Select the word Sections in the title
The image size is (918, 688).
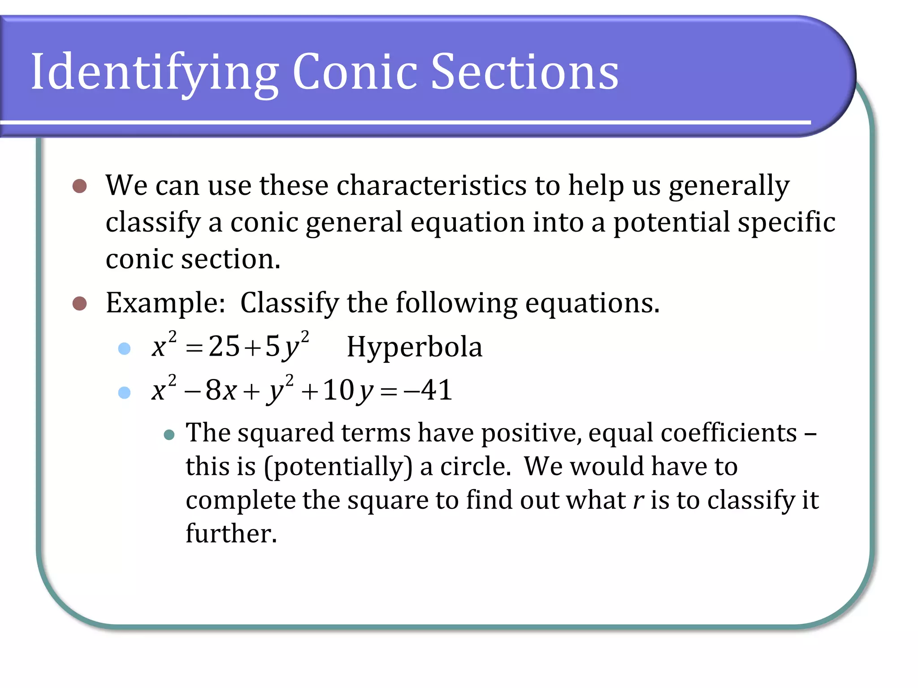(524, 72)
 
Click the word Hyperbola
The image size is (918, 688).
(415, 347)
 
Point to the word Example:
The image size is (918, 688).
(165, 303)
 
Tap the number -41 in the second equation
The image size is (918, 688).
(428, 390)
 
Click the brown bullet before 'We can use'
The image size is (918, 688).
(79, 186)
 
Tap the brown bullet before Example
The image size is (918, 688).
(79, 303)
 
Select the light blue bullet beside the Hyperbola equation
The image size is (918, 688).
(124, 348)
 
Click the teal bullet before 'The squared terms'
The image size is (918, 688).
(169, 434)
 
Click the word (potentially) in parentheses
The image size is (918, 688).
(338, 467)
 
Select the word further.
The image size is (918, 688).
(231, 533)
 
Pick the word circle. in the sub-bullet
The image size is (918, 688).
(476, 466)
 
